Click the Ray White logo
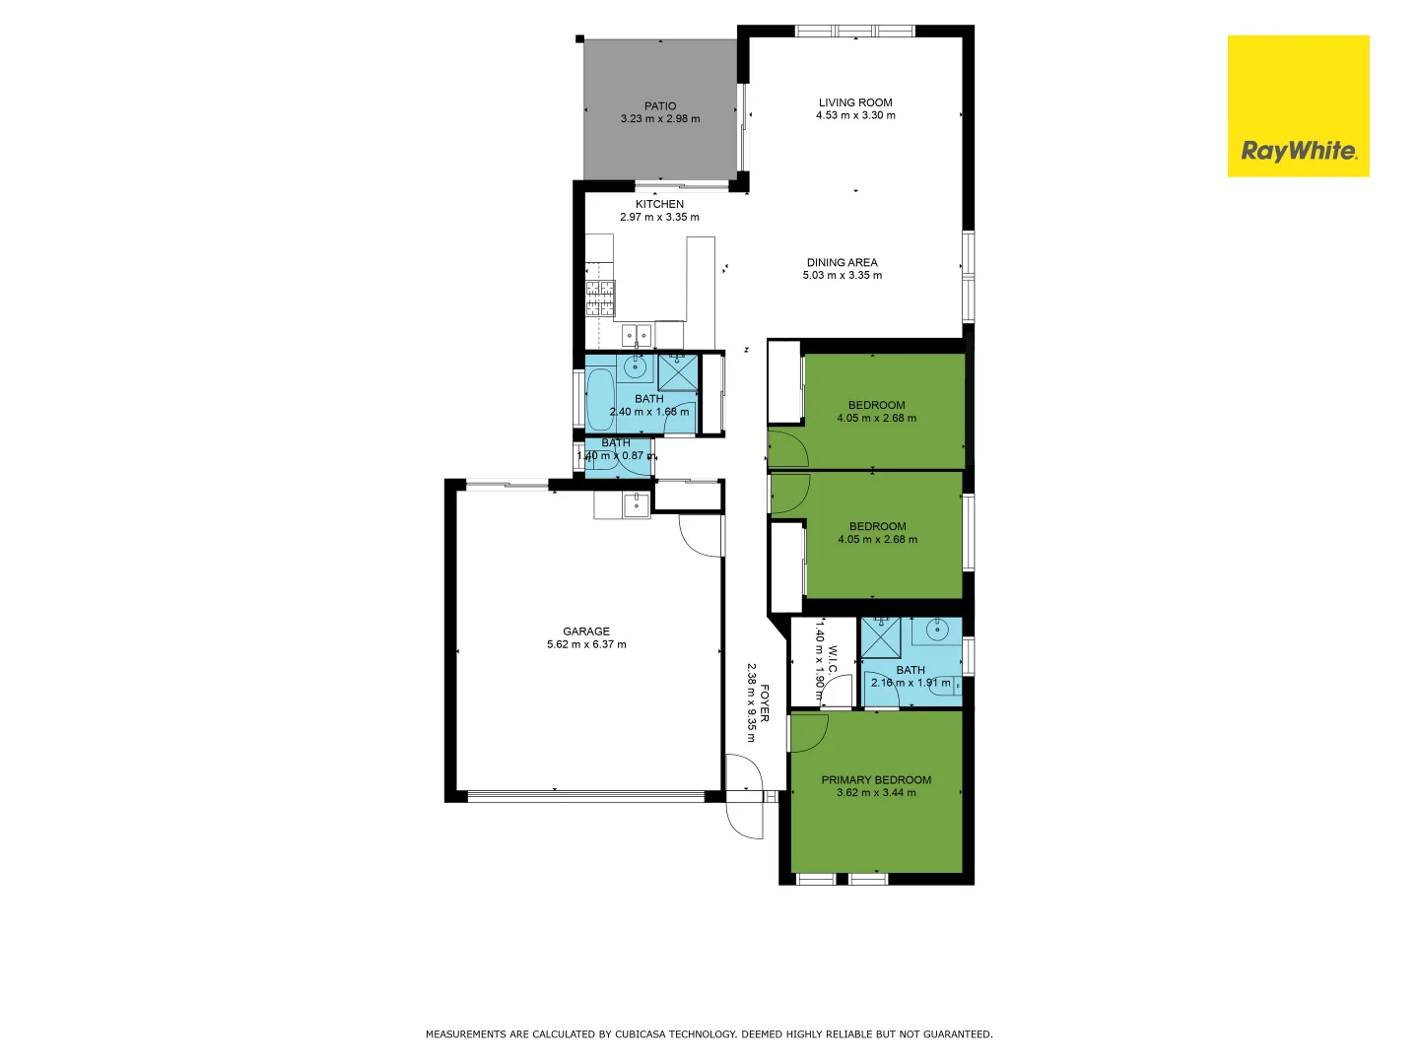(1298, 106)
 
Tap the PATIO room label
(660, 106)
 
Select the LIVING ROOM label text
(855, 102)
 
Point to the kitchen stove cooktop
(600, 298)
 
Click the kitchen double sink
(636, 336)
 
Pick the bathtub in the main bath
(600, 400)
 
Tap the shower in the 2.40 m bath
(678, 372)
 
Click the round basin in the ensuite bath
(937, 629)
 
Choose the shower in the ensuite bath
(881, 636)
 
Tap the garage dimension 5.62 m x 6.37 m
(586, 645)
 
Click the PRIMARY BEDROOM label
(876, 779)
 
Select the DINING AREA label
(842, 263)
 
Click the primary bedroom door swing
(808, 730)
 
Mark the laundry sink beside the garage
(637, 506)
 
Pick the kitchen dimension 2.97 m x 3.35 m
(659, 217)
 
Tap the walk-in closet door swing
(837, 693)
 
